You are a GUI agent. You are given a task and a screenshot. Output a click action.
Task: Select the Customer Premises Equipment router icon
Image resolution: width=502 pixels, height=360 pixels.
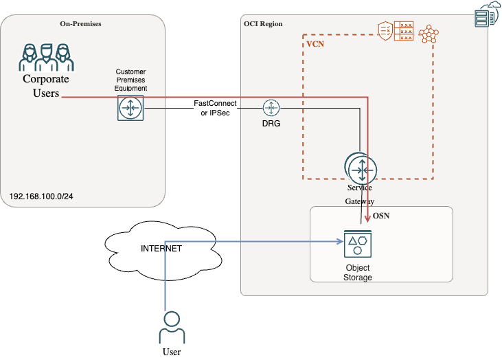pyautogui.click(x=130, y=109)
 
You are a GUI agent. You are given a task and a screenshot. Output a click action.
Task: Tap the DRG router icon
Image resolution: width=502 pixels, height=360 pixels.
pyautogui.click(x=271, y=108)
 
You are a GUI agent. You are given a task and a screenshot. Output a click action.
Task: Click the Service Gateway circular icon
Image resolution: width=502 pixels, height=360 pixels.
pyautogui.click(x=361, y=168)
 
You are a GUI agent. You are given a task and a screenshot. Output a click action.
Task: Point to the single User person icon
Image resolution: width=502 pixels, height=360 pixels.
pyautogui.click(x=172, y=328)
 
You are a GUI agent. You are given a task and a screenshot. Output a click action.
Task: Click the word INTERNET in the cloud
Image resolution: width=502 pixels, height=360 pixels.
pyautogui.click(x=161, y=249)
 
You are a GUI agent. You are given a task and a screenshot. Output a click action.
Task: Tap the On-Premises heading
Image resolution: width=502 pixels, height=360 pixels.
pyautogui.click(x=80, y=23)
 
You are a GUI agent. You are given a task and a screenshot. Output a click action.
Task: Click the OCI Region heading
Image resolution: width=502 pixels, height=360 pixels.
pyautogui.click(x=263, y=23)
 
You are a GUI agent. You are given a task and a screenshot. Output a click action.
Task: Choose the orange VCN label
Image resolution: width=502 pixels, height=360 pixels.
pyautogui.click(x=316, y=43)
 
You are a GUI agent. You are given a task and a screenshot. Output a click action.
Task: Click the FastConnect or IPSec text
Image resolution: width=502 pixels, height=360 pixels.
pyautogui.click(x=215, y=108)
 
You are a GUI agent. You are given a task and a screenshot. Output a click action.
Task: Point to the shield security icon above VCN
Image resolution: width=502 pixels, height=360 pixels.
pyautogui.click(x=385, y=30)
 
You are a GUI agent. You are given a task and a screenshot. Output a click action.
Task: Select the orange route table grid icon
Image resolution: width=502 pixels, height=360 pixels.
pyautogui.click(x=407, y=30)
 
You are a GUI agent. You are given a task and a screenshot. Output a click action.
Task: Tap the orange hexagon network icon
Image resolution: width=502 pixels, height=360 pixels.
pyautogui.click(x=429, y=34)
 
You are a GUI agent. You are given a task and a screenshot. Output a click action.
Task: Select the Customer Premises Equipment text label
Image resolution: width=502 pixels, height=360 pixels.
pyautogui.click(x=130, y=80)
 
